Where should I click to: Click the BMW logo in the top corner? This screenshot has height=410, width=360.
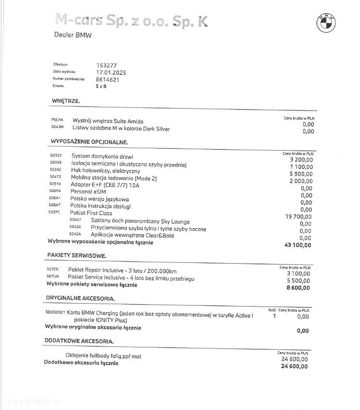(x=326, y=22)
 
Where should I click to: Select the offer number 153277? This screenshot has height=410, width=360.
(x=106, y=65)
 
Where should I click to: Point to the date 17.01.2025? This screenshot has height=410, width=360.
(x=111, y=72)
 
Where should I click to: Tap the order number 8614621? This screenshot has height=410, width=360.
(x=108, y=79)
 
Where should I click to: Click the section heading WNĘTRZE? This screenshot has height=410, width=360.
(x=65, y=101)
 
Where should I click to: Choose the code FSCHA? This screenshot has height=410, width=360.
(x=57, y=120)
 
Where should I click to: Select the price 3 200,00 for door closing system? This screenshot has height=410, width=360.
(x=301, y=160)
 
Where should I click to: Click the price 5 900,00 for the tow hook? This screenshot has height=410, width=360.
(x=301, y=174)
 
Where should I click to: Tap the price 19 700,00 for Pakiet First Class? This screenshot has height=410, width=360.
(x=298, y=217)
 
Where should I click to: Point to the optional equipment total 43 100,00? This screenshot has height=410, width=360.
(x=298, y=245)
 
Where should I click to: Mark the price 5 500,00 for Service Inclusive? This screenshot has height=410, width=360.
(x=299, y=281)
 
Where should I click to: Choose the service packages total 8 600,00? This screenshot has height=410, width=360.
(x=299, y=288)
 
